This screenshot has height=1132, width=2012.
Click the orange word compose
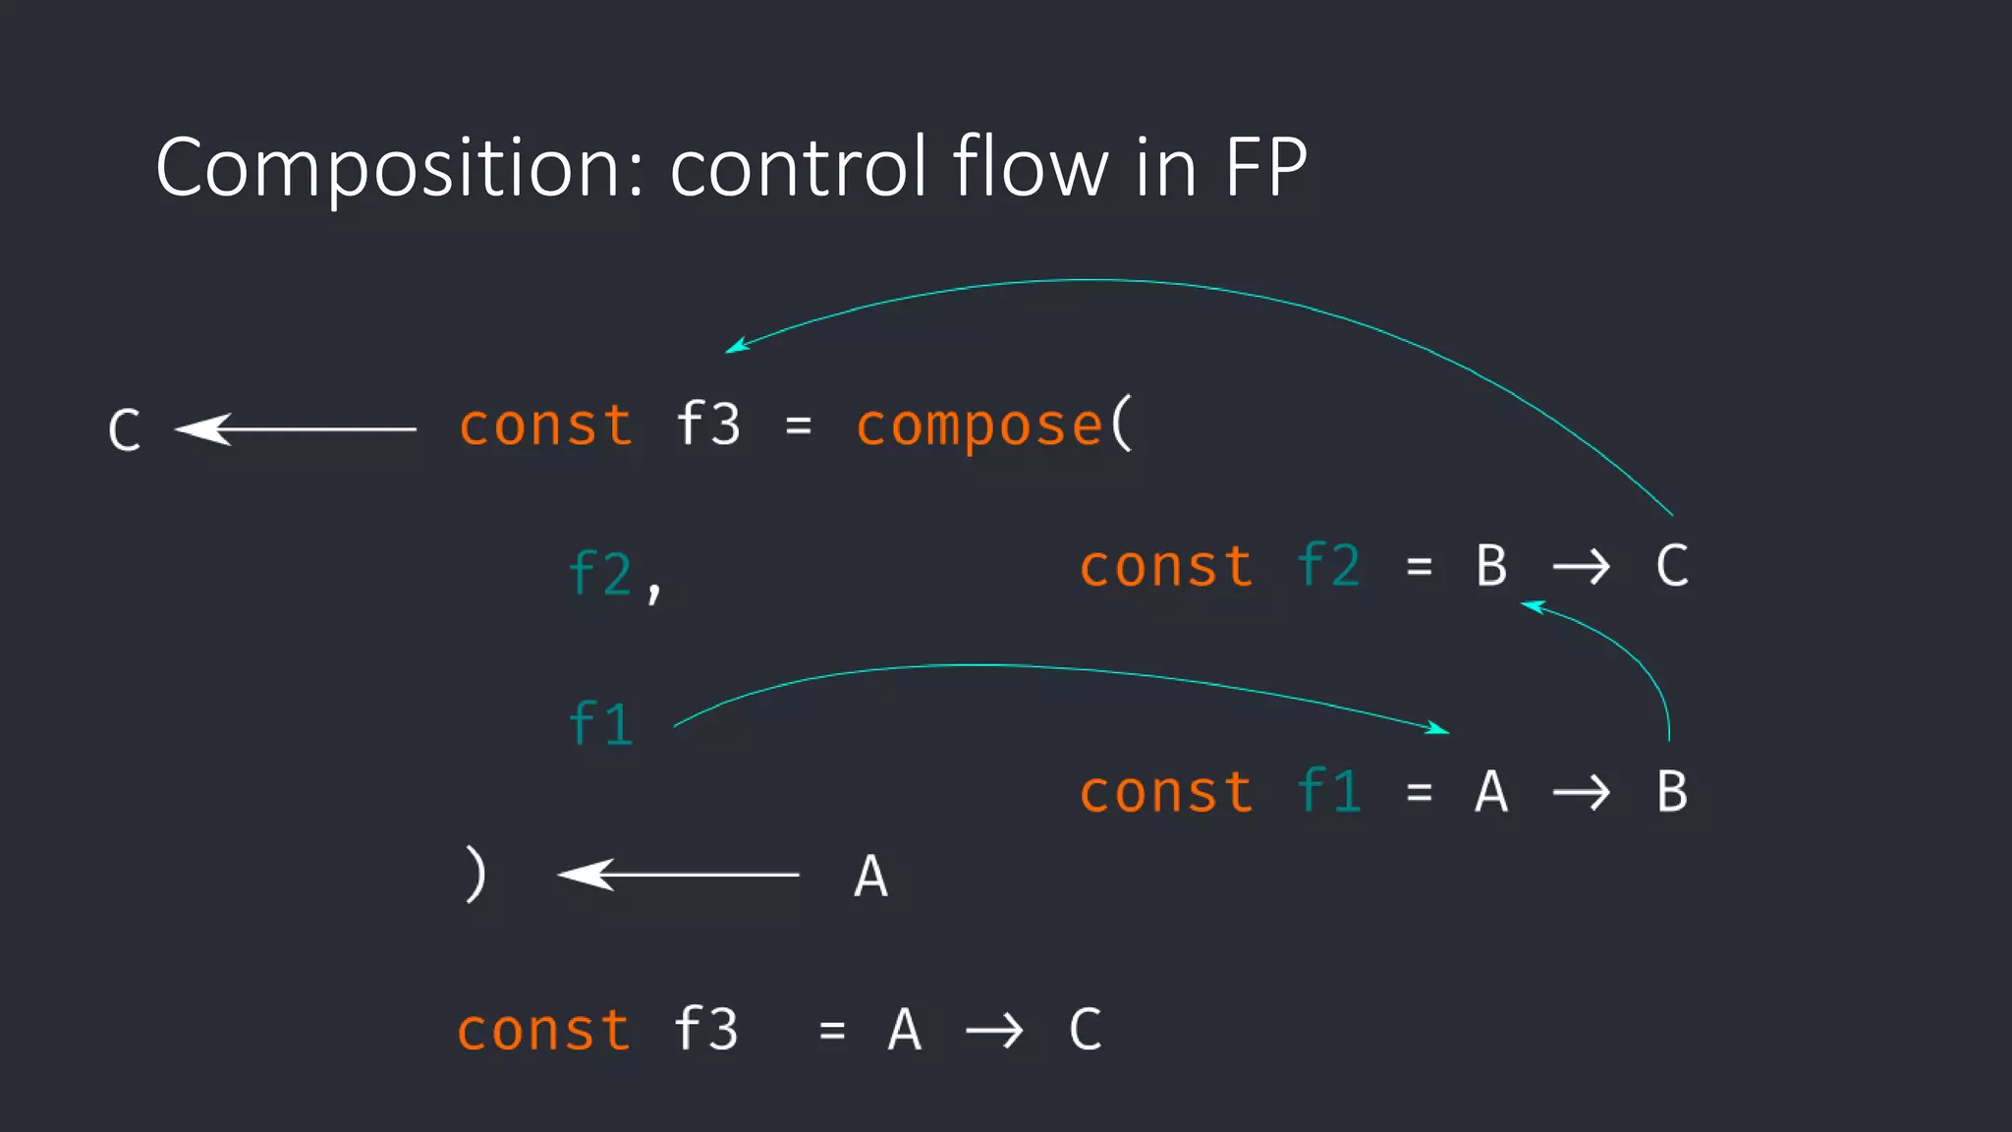click(978, 426)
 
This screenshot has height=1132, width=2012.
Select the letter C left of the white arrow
click(125, 430)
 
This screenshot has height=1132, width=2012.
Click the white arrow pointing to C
click(295, 429)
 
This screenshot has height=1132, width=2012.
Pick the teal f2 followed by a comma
click(601, 574)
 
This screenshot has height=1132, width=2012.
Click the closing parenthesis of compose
click(475, 875)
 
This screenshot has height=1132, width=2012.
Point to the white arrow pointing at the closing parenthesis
click(678, 874)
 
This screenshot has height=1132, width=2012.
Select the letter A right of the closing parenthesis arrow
click(870, 877)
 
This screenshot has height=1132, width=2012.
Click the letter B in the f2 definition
click(1491, 566)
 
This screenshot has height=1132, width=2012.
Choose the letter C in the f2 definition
click(1672, 566)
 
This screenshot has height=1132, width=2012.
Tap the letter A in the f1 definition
click(1491, 792)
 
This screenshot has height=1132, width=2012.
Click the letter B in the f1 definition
click(1672, 792)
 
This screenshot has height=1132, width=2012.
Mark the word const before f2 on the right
click(1166, 567)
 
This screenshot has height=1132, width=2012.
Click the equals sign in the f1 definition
click(1419, 792)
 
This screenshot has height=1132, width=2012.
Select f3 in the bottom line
click(705, 1030)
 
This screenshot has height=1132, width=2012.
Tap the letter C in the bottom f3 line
click(1085, 1030)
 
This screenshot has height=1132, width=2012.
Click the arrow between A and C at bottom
click(994, 1031)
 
